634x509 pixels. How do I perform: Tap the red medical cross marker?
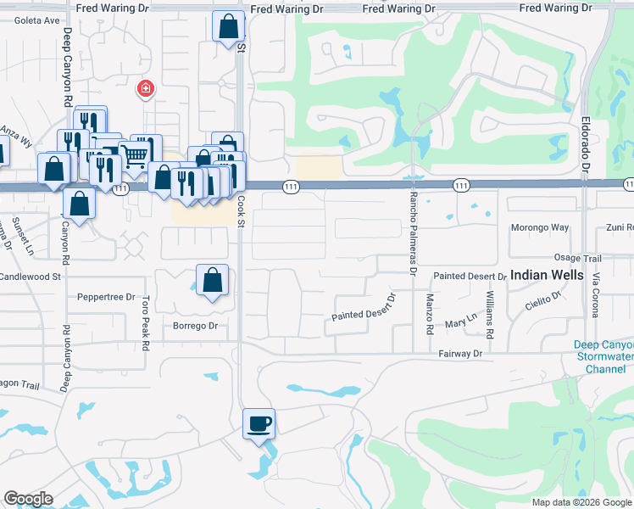click(146, 87)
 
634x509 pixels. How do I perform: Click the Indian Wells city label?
click(547, 276)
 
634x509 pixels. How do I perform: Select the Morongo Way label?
click(540, 227)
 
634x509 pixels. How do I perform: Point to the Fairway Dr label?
click(461, 353)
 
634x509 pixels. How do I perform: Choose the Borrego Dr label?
click(196, 326)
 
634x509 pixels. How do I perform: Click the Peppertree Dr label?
click(106, 298)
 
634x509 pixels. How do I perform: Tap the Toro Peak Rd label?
click(147, 319)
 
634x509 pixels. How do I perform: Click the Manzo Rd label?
click(430, 315)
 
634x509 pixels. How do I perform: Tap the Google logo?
click(28, 499)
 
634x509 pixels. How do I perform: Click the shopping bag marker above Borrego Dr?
click(212, 279)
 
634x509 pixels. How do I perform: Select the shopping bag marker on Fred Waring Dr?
click(228, 26)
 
